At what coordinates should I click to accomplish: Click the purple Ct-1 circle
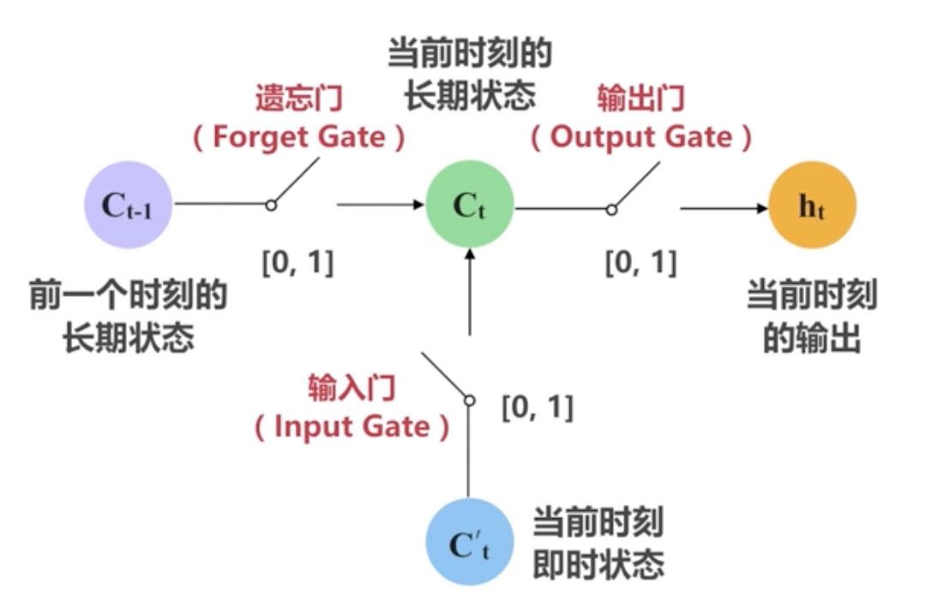(x=127, y=205)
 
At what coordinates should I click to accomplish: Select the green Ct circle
(x=469, y=205)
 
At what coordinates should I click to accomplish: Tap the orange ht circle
(x=811, y=205)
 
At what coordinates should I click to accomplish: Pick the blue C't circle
(x=469, y=542)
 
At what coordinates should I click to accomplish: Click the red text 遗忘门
(x=298, y=99)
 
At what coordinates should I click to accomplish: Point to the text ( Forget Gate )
(x=298, y=137)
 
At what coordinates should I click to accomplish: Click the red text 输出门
(x=641, y=99)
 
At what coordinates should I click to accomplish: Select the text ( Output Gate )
(x=641, y=137)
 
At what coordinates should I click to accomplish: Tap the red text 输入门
(x=352, y=388)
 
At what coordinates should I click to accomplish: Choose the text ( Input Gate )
(x=352, y=427)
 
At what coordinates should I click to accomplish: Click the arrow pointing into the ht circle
(x=724, y=207)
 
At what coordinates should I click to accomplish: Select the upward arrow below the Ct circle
(x=469, y=291)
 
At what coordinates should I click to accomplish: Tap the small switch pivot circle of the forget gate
(x=271, y=206)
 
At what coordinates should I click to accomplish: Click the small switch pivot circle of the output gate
(x=611, y=208)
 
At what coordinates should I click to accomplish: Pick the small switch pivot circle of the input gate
(x=469, y=400)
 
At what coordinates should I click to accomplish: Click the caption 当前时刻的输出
(x=811, y=318)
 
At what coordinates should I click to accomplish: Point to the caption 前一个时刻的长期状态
(x=129, y=318)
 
